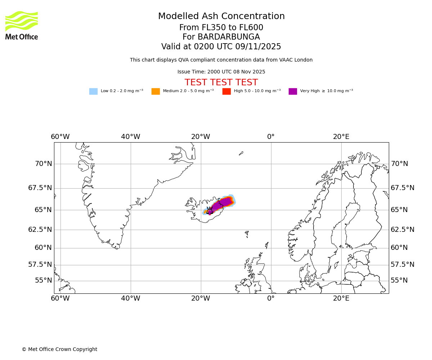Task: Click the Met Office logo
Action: coord(22,25)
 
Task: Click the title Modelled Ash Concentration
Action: coord(221,17)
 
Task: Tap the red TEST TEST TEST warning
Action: coord(221,82)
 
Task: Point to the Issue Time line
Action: coord(221,72)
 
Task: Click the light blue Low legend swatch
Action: coord(93,91)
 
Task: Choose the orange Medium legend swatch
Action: coord(156,91)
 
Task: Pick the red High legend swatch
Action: coord(226,91)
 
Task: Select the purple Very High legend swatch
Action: coord(293,91)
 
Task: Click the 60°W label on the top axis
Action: coord(60,137)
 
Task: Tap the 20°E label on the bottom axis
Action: coord(341,298)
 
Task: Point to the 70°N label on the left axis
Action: coord(43,164)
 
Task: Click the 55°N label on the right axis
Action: coord(399,280)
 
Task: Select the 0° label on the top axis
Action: coord(271,137)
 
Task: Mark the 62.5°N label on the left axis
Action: coord(40,230)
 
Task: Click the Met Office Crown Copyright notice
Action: coord(59,350)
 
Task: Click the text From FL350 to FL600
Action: coord(221,28)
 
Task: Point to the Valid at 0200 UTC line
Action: coord(221,47)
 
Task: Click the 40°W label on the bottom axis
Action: coord(130,298)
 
